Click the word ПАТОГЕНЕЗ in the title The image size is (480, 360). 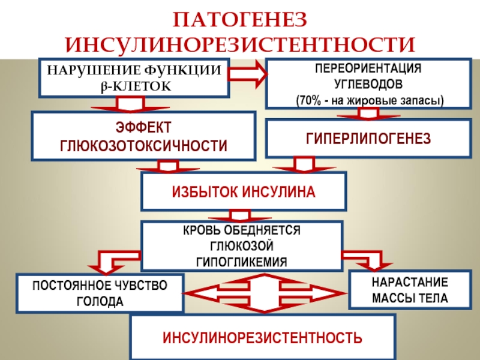pos(240,20)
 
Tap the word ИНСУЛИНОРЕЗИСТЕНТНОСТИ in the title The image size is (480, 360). pos(241,45)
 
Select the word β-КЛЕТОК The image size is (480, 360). pos(136,86)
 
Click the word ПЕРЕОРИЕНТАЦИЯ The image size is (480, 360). pos(368,68)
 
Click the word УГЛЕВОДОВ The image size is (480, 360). pos(368,84)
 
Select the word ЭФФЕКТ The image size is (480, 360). pos(143,127)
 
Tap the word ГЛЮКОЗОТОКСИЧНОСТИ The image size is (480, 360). pos(143,146)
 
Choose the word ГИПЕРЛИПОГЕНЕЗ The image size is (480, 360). pos(368,139)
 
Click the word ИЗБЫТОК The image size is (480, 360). pos(205,192)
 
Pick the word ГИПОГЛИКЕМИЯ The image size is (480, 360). pos(241,262)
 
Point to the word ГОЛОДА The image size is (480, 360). pos(100,302)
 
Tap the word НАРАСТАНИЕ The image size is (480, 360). pos(410,282)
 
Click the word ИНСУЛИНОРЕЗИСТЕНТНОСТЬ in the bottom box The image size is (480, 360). pos(262,338)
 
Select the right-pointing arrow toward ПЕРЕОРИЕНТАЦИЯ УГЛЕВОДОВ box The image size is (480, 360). pos(248,74)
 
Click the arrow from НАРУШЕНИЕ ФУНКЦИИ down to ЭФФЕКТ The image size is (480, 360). pos(130,104)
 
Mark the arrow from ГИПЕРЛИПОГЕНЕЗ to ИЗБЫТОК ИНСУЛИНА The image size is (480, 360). pos(304,165)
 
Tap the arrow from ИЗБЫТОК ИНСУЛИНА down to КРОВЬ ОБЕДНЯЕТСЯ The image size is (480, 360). pos(239,215)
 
